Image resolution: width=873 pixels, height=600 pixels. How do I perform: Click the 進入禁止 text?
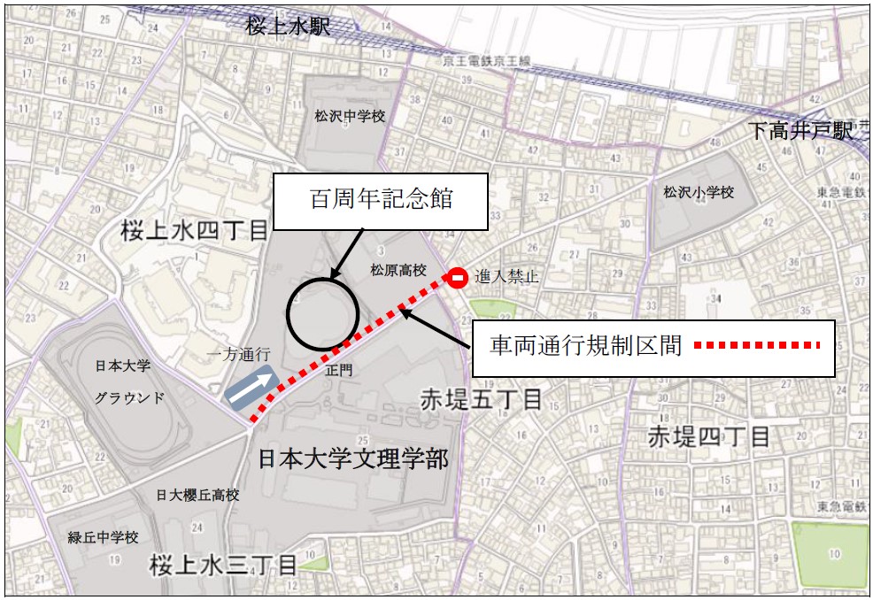(506, 277)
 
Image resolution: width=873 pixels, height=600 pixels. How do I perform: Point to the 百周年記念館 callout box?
(381, 199)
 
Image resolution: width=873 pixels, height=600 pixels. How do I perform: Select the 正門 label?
(339, 371)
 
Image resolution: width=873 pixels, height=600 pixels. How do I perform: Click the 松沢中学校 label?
(350, 116)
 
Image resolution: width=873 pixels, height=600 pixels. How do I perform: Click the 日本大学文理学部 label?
(353, 458)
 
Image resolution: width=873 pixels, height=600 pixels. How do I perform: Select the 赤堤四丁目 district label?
(708, 435)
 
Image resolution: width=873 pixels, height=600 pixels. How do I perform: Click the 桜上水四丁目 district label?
(194, 232)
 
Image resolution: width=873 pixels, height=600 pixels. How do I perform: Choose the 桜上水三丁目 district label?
(223, 565)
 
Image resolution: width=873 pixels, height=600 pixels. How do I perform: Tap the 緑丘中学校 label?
(104, 537)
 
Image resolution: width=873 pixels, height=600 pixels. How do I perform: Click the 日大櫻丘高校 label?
(197, 496)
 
